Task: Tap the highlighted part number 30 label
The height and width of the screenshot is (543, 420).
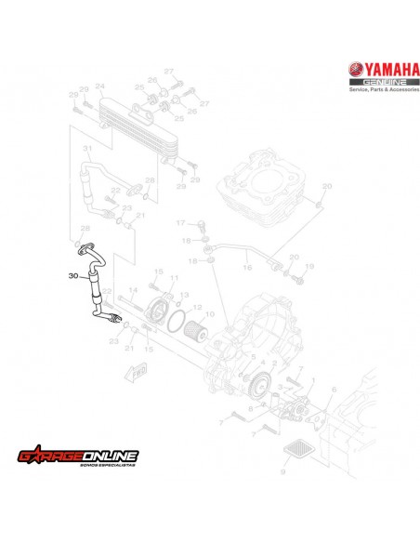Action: (x=74, y=275)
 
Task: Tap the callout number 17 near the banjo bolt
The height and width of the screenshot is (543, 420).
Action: (x=181, y=223)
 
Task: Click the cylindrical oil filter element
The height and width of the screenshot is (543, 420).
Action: (x=196, y=330)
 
